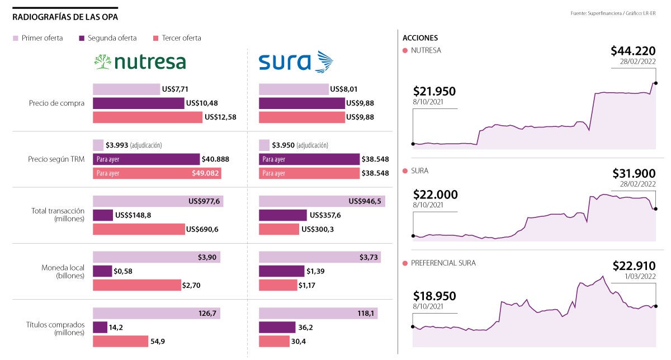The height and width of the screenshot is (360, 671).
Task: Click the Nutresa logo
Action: coord(140,61)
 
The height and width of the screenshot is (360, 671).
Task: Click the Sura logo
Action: coord(295,61)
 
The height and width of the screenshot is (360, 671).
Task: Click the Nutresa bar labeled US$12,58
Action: coord(147,117)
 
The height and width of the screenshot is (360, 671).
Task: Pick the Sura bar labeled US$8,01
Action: coord(294,89)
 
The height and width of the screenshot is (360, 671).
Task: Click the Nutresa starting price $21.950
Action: coord(434,91)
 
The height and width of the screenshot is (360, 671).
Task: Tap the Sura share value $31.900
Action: coord(634,173)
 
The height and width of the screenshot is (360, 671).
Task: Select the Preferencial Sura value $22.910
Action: coord(634,266)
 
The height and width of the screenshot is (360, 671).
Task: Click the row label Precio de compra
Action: coord(56,103)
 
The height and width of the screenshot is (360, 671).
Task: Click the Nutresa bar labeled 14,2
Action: coord(100,327)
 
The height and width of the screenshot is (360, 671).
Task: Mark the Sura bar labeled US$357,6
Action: coord(282,215)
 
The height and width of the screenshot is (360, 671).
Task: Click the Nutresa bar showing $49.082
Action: coord(157,173)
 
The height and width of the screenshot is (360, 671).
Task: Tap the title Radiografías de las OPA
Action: coord(65,17)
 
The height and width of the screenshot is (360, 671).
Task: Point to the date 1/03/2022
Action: coord(640,277)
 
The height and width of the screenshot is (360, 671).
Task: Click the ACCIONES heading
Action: coord(420,38)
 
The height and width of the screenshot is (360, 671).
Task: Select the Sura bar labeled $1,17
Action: coord(277,285)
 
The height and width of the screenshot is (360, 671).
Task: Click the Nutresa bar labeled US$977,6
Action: coord(158,201)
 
